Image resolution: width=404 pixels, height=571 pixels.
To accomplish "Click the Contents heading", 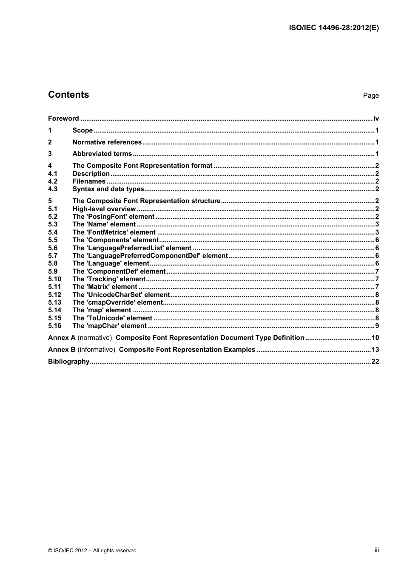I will pos(68,95).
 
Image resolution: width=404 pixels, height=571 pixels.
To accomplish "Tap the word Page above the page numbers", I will pos(371,96).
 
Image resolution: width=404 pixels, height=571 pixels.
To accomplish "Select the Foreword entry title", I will pos(63,119).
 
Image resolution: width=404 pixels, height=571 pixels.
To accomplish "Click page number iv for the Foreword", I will pos(376,119).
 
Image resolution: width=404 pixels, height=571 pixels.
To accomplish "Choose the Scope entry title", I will pos(83,130).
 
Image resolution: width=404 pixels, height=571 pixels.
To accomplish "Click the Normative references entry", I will pos(107,142).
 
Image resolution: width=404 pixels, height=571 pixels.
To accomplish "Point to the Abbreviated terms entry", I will pos(102,154).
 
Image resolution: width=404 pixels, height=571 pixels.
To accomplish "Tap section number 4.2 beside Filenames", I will pos(53,181).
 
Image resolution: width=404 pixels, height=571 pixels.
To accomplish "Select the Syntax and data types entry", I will pos(108,189).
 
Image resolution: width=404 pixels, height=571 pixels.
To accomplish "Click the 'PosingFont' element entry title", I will pos(113,217).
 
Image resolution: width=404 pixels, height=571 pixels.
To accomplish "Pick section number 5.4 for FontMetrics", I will pos(53,232).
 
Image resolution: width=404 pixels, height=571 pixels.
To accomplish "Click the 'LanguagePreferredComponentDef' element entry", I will pos(150,256).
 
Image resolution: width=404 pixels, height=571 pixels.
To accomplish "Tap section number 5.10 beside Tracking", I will pos(54,279).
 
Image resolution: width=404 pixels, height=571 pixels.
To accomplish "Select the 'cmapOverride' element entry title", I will pos(117,302).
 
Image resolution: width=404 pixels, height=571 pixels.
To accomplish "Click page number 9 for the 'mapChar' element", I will pos(377,326).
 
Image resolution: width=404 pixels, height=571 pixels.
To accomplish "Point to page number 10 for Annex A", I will pos(375,338).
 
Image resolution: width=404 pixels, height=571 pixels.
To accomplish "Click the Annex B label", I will pos(62,350).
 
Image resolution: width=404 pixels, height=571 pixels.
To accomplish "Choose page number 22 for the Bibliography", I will pos(375,362).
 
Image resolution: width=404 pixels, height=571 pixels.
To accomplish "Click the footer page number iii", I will pos(376,550).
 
